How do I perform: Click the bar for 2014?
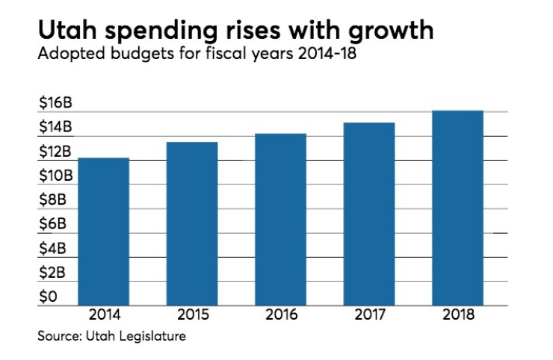click(102, 232)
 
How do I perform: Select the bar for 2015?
click(191, 224)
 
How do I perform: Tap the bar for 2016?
click(280, 220)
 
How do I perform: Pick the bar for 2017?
click(369, 214)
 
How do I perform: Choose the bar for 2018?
click(458, 208)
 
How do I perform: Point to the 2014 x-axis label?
click(102, 314)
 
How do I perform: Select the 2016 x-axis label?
click(280, 314)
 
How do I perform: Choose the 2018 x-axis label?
click(458, 314)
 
